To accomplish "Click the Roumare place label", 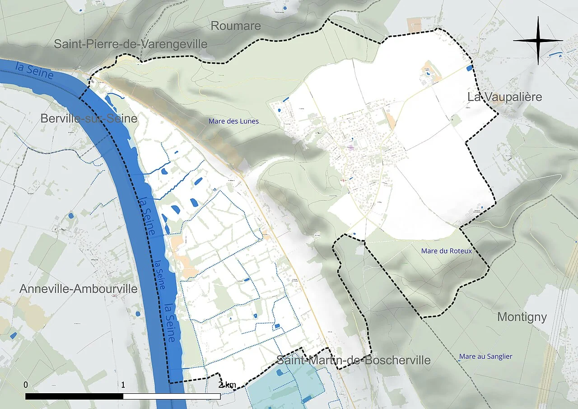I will (x=236, y=26).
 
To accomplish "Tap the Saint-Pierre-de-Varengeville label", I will (x=131, y=44).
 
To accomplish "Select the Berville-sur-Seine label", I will (x=89, y=118).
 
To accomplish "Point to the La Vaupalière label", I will (x=504, y=97).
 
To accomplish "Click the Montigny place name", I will (x=522, y=317).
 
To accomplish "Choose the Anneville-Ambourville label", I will (x=79, y=289).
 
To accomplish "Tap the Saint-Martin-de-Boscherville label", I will (x=353, y=360).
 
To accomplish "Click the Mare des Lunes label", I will (x=233, y=121).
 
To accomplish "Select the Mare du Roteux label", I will (x=446, y=251).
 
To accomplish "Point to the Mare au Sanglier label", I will (x=485, y=357).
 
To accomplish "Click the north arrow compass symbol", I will (x=538, y=41).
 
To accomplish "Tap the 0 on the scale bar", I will (x=26, y=385).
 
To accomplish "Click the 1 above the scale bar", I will (x=123, y=385).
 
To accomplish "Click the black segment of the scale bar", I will (x=74, y=396).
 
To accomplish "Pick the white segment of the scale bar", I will (x=172, y=396).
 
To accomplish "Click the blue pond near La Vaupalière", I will (x=469, y=68).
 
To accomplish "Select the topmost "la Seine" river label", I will (x=34, y=71).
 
